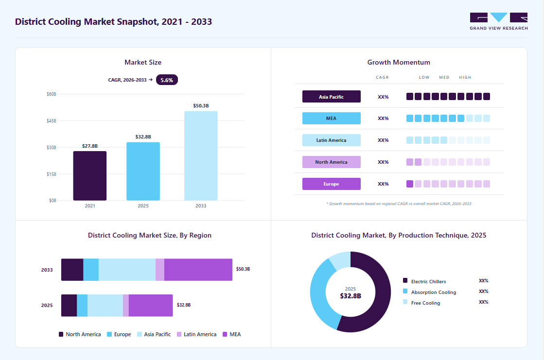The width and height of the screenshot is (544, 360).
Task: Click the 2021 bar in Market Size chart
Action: (90, 176)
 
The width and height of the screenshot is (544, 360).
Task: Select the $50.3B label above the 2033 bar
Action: (201, 106)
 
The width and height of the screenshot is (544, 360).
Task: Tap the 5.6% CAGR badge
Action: (167, 80)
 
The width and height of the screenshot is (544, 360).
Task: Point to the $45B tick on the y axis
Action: (52, 120)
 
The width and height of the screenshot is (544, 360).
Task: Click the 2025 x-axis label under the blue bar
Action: (143, 206)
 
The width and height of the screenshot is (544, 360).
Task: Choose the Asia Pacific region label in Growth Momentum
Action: (332, 96)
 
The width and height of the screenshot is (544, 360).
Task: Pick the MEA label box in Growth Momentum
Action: (332, 118)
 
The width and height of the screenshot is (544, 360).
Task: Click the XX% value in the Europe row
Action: (383, 184)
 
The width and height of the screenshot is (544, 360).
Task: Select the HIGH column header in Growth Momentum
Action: (465, 77)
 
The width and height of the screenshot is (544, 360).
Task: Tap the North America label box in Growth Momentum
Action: (332, 162)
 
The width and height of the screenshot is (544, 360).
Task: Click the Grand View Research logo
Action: (499, 21)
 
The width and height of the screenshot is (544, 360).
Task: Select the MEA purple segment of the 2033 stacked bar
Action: (198, 270)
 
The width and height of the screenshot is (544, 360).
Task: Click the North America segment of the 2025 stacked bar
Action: (69, 305)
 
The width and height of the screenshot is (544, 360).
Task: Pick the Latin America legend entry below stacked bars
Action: (197, 334)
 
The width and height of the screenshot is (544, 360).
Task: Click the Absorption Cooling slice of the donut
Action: (319, 295)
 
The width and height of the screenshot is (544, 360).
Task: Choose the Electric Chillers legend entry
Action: (424, 281)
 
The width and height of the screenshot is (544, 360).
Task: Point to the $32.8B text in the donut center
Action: (351, 296)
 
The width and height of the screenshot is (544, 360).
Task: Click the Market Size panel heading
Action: (143, 62)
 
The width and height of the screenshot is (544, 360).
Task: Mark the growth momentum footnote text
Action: (399, 204)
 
